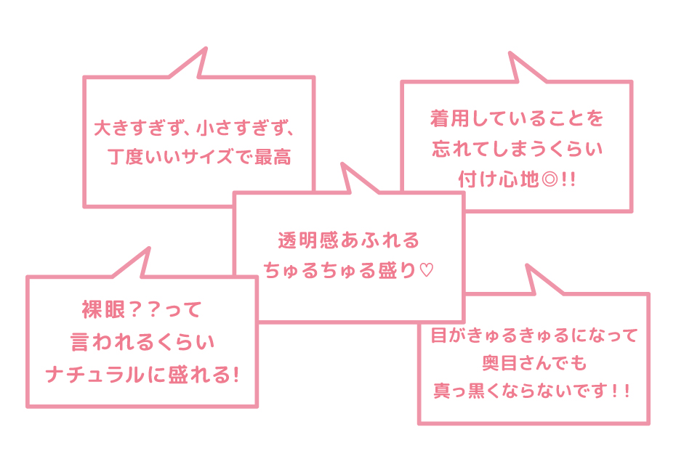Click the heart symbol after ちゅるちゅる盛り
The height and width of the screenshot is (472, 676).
[427, 271]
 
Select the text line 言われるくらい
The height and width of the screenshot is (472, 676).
[142, 342]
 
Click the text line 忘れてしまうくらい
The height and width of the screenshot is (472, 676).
[517, 149]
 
